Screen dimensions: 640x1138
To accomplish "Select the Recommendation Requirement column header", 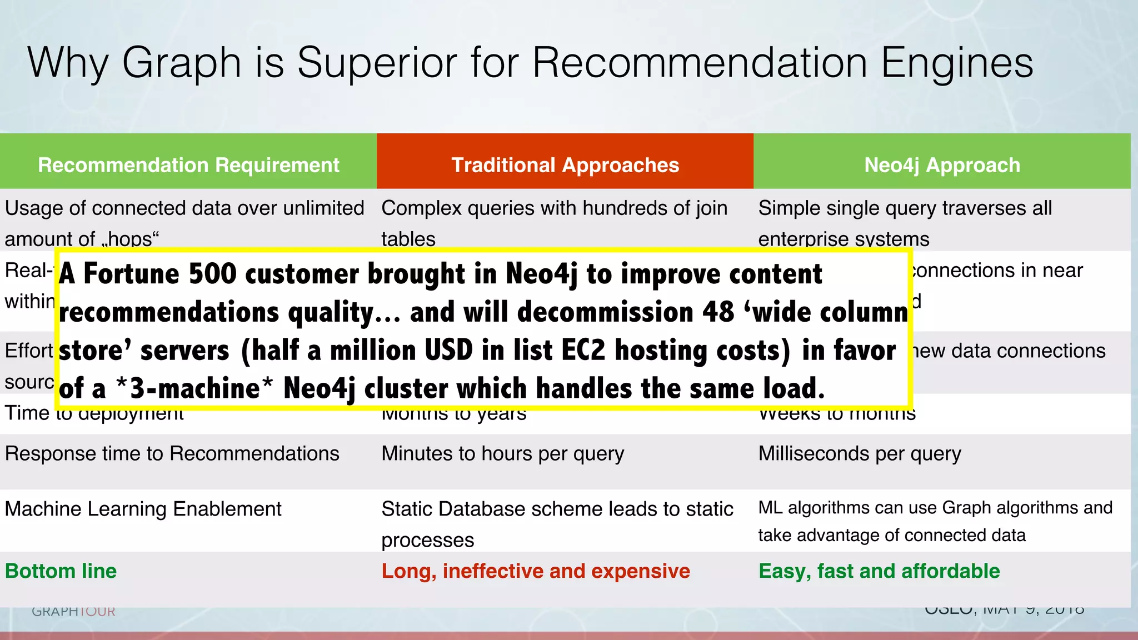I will pos(188,165).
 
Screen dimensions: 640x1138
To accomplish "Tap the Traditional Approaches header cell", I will pos(565,165).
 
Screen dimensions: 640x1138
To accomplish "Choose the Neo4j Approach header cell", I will pos(942,165).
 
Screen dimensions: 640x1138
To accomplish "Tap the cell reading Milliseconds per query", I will pos(860,454).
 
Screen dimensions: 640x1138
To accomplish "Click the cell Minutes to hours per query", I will pos(502,454).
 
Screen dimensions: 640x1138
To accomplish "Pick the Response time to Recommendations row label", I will pos(172,454).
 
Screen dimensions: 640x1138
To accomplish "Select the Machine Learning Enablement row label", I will pos(143,509).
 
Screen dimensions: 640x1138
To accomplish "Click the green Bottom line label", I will pos(61,571).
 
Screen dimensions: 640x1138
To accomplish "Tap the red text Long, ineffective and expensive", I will pos(536,571).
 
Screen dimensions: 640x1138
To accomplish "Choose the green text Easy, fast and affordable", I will pos(879,571).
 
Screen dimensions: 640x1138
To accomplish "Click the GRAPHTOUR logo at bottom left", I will pos(73,611).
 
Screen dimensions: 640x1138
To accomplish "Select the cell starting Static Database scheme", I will pos(557,523).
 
